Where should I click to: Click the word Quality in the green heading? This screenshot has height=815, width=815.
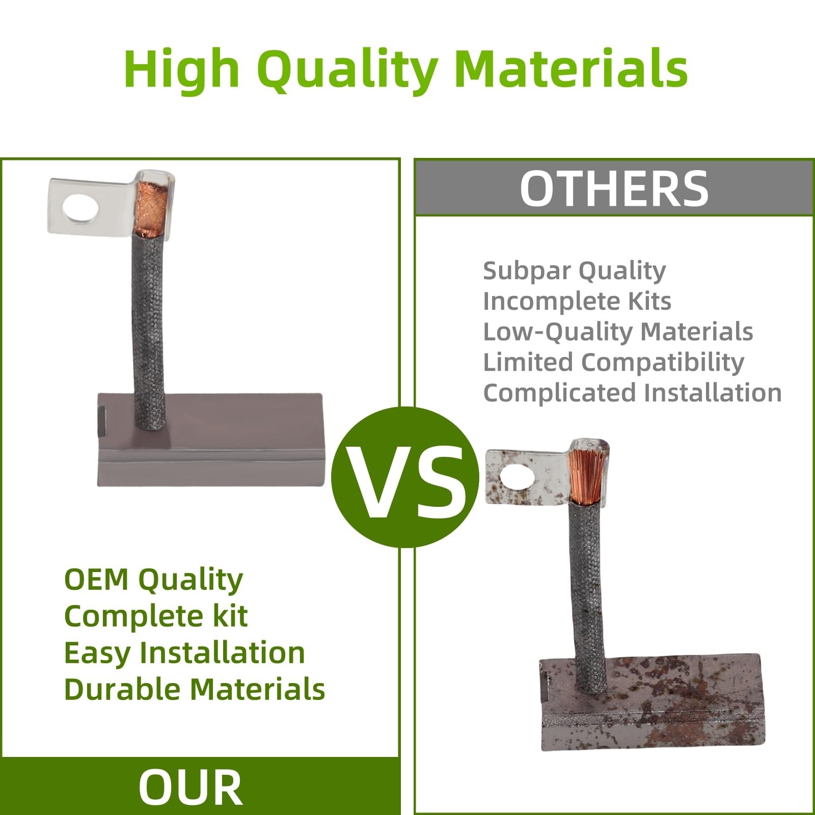coord(349,70)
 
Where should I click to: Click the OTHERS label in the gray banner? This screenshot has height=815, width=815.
coord(614,188)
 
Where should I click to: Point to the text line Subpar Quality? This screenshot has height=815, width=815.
coord(574,271)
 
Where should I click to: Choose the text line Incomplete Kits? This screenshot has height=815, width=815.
coord(577,301)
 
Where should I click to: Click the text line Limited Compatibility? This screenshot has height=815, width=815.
coord(613,363)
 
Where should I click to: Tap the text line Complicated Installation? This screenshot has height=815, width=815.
coord(632,393)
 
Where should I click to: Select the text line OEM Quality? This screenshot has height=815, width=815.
coord(153,580)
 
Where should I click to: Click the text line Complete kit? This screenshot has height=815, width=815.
coord(156,616)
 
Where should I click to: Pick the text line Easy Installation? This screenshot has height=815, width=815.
coord(184,653)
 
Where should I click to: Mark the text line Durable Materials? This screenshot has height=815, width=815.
coord(195,689)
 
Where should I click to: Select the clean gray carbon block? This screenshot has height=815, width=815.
coord(210,440)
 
